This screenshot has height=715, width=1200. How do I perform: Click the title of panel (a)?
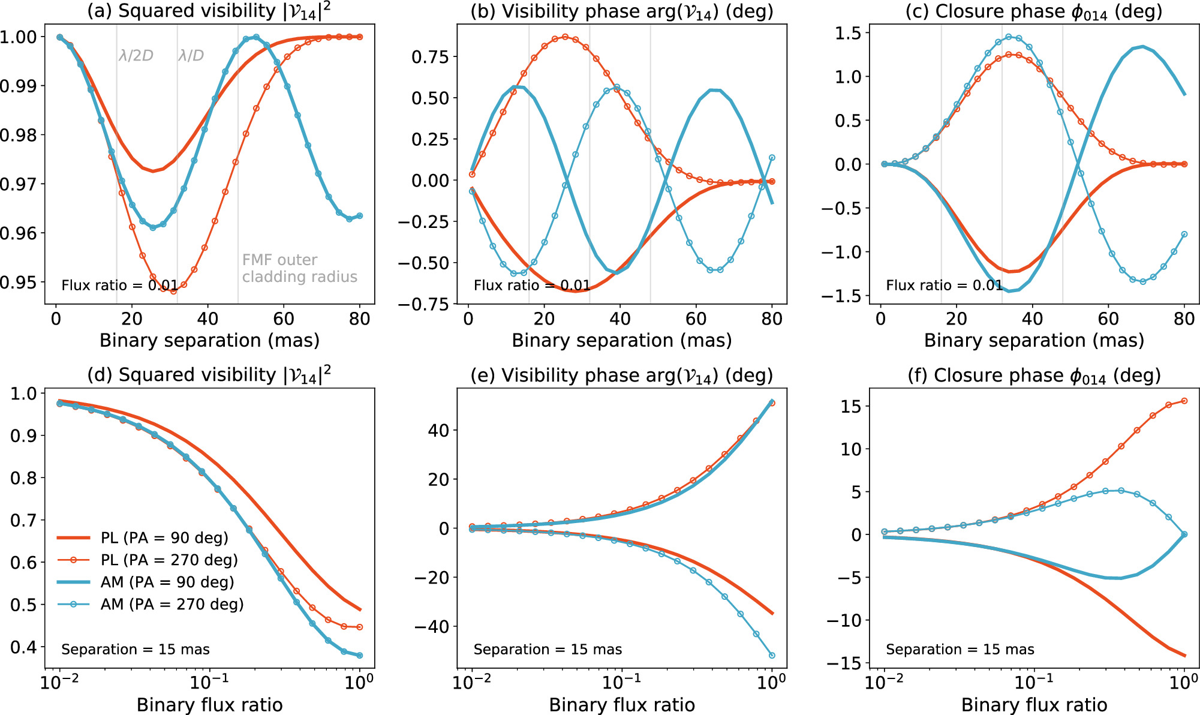(209, 11)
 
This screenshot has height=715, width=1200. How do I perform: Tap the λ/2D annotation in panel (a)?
(136, 56)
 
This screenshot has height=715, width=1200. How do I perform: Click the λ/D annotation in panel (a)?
(191, 56)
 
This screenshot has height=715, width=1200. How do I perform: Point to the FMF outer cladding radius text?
(299, 268)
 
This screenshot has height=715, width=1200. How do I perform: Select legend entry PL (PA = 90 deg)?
(164, 537)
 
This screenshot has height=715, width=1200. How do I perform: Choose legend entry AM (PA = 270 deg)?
(172, 604)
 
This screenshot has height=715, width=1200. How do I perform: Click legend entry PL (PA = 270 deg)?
(169, 560)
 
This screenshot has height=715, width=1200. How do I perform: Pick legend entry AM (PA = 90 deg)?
(167, 582)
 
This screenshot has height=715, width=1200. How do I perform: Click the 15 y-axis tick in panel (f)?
(850, 406)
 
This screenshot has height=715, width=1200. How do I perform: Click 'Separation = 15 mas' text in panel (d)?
(136, 649)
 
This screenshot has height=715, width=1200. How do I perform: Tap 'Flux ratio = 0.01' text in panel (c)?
(944, 285)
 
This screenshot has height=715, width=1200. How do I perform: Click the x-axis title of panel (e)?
(622, 704)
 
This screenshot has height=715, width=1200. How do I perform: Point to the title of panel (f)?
(1034, 375)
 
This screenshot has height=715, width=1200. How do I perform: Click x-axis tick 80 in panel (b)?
(772, 319)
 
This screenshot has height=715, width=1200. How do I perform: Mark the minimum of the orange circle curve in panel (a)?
(173, 291)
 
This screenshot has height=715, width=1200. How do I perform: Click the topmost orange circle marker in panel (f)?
(1184, 401)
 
